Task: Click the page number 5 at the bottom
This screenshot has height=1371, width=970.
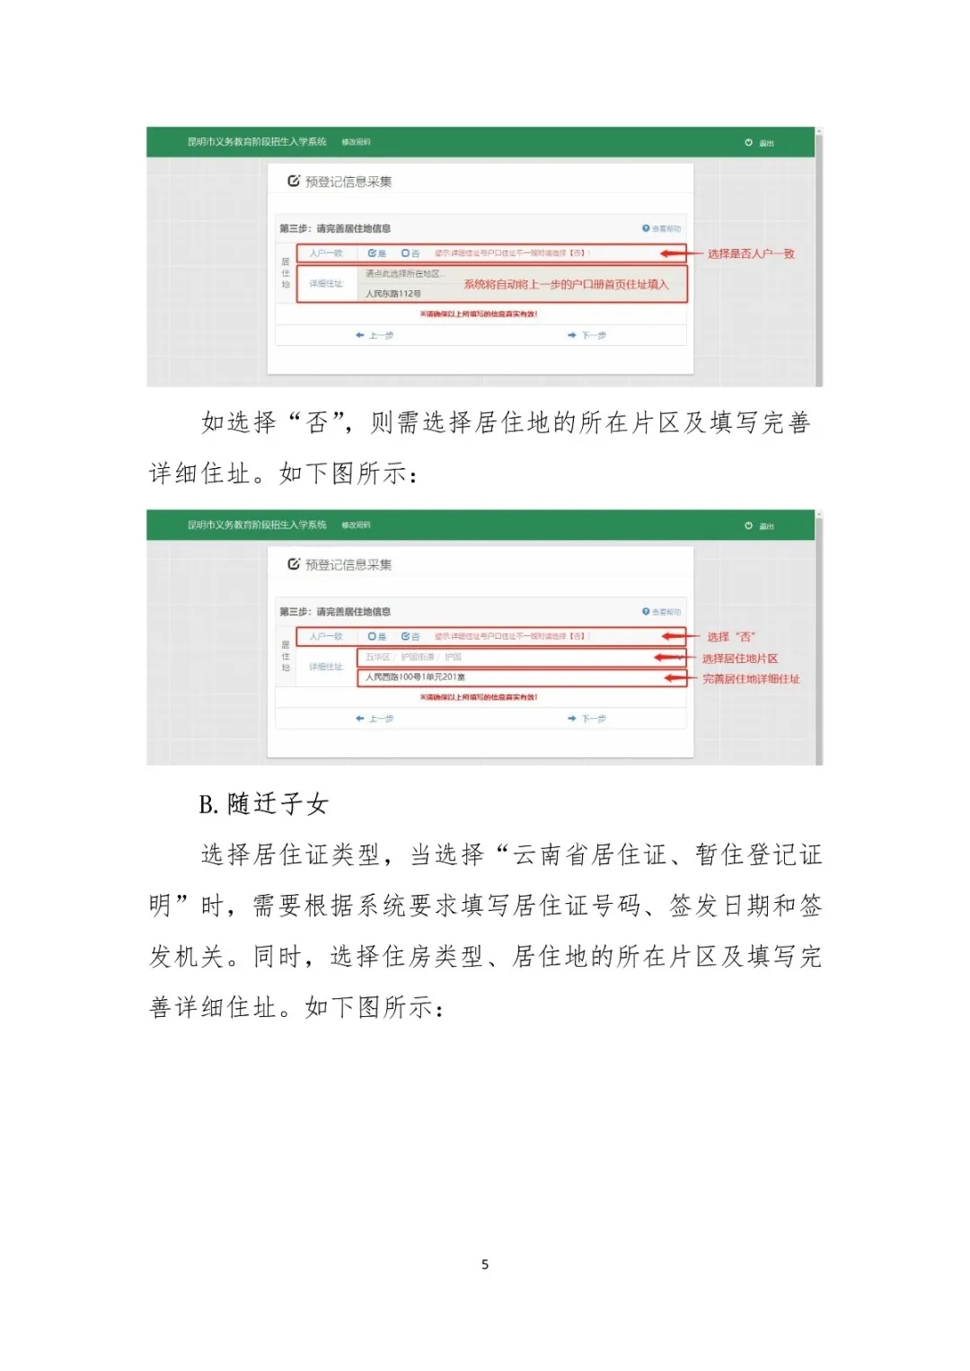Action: click(x=485, y=1264)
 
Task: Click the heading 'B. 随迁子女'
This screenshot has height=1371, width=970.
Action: click(x=264, y=803)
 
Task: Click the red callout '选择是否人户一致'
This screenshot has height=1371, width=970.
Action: click(x=751, y=253)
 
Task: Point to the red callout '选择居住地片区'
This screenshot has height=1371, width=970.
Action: click(x=740, y=659)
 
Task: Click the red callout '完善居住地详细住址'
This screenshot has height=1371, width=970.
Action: click(x=751, y=679)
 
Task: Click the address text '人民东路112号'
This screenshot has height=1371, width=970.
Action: click(x=393, y=294)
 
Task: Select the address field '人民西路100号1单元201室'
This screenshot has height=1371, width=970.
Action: click(x=415, y=677)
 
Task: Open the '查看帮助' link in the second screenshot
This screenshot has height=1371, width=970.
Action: click(x=662, y=612)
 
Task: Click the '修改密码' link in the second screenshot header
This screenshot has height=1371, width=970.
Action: click(x=356, y=525)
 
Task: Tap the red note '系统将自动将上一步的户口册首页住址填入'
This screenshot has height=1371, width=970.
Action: click(x=566, y=284)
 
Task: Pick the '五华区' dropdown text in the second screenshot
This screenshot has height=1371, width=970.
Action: click(x=377, y=657)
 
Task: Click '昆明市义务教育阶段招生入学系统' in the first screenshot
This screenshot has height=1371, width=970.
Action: click(x=257, y=142)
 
